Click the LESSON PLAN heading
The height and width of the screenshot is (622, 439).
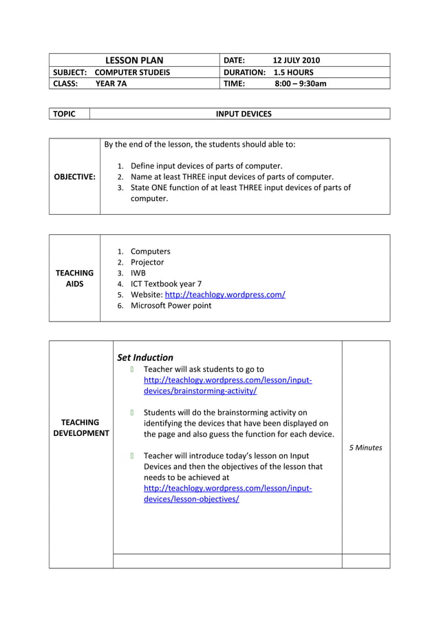click(x=134, y=61)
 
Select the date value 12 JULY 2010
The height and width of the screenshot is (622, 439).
click(x=296, y=61)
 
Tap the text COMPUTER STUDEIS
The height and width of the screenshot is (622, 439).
click(x=132, y=72)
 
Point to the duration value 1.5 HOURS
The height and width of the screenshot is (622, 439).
click(x=293, y=72)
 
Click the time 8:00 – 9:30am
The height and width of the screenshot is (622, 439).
click(x=300, y=83)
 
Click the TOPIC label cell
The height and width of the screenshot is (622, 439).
click(x=65, y=114)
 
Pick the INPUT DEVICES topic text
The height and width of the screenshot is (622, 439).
click(x=244, y=114)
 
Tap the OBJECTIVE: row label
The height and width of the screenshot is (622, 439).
click(x=74, y=177)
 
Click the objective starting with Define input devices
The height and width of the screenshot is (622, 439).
click(x=206, y=166)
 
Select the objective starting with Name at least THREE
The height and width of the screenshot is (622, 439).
click(x=232, y=177)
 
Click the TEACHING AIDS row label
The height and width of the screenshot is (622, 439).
click(x=74, y=278)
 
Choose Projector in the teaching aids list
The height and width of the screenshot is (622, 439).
click(x=147, y=262)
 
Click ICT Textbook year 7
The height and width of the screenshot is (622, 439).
click(x=166, y=284)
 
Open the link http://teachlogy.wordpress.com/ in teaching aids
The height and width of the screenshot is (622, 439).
click(x=225, y=295)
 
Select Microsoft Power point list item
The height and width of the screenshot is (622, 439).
click(x=171, y=306)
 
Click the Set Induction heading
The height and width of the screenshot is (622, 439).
click(x=145, y=357)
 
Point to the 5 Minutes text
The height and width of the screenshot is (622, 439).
click(x=365, y=448)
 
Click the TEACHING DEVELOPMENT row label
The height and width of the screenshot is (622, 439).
click(x=81, y=428)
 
